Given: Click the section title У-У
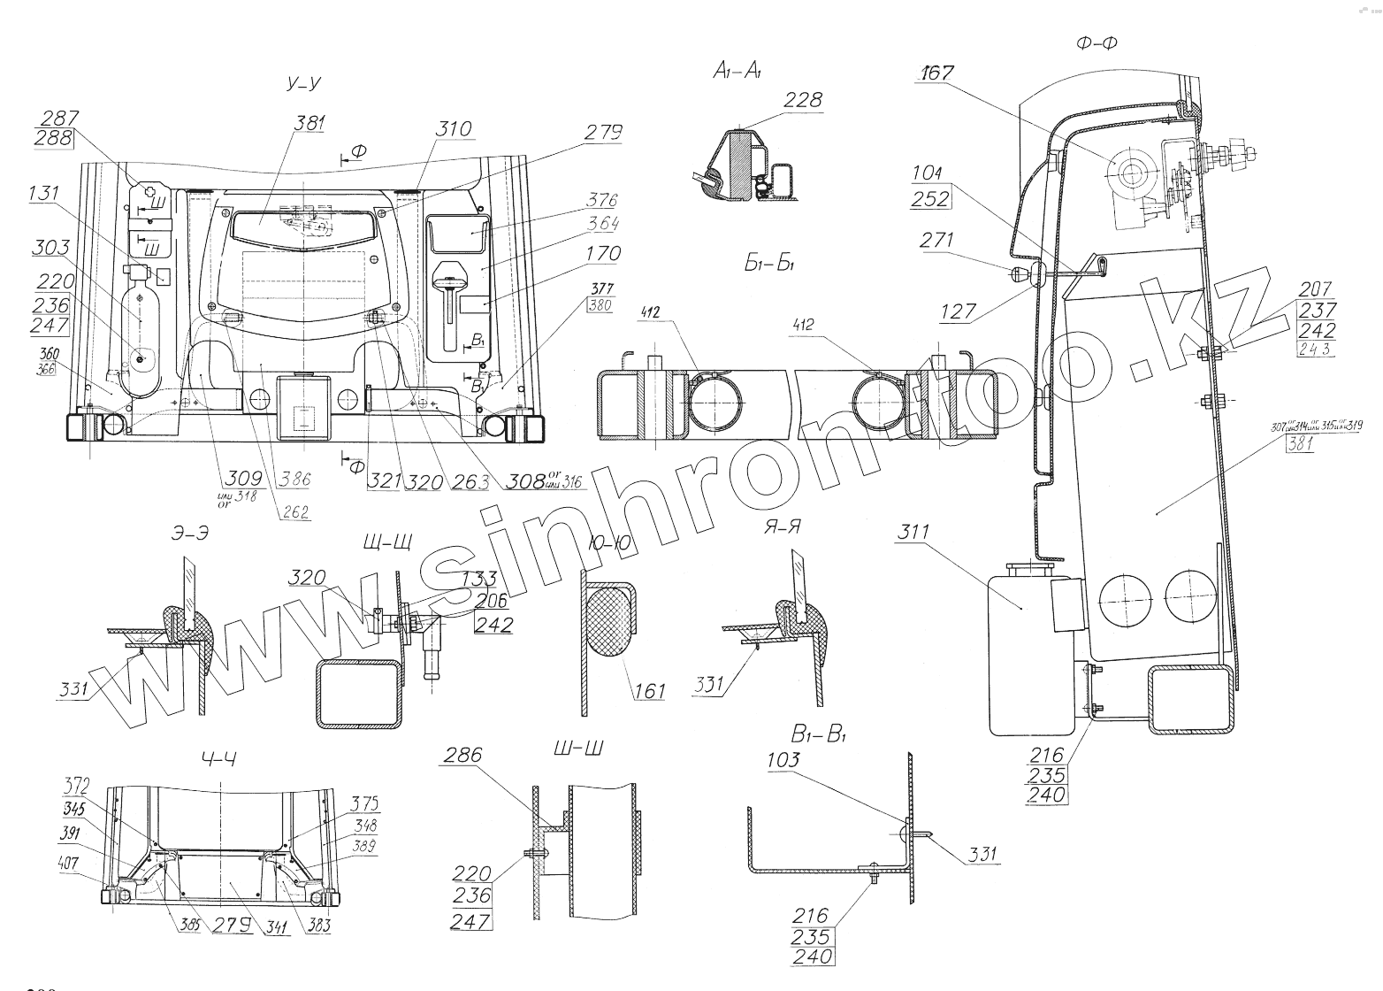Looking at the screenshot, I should [x=303, y=84].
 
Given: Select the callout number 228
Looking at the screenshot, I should [x=802, y=100].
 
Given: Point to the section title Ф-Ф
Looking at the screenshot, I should [x=1096, y=43].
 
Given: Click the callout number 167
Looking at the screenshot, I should [x=936, y=73].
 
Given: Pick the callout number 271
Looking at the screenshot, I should [x=938, y=240].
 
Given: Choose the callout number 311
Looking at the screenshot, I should [x=913, y=533].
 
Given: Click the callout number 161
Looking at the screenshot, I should [x=650, y=690].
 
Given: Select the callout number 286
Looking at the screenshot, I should [x=463, y=755].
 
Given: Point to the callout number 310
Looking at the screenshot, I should [x=453, y=129].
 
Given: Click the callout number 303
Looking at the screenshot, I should [x=50, y=247].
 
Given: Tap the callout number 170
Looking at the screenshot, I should [x=603, y=254].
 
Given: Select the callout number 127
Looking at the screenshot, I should [x=959, y=311].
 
